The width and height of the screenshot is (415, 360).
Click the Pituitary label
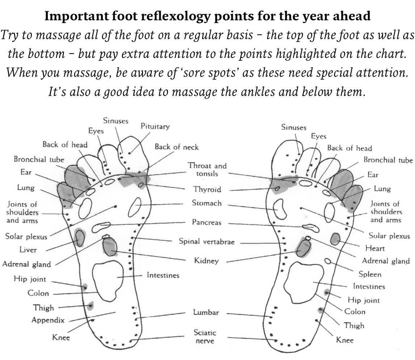[x=155, y=127]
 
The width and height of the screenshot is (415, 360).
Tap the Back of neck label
[x=177, y=147]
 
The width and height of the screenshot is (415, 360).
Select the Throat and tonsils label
[x=207, y=169]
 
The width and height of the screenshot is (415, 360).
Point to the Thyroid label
[x=207, y=189]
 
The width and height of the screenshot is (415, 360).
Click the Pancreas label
[x=206, y=222]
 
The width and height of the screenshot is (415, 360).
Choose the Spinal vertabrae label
[x=206, y=242]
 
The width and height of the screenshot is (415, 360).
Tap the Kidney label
[x=206, y=261]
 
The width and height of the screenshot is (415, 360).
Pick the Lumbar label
[x=206, y=313]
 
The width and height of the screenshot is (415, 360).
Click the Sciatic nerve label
[x=205, y=337]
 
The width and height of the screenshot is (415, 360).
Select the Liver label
[x=28, y=250]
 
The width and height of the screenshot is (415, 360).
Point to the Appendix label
[x=48, y=320]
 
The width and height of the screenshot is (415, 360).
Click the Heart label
[x=375, y=248]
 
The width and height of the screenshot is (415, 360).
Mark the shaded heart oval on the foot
[x=335, y=238]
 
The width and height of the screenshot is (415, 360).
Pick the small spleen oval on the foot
[x=328, y=261]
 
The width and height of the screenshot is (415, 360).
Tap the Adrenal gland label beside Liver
[x=27, y=264]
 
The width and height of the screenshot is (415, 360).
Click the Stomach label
[x=207, y=203]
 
